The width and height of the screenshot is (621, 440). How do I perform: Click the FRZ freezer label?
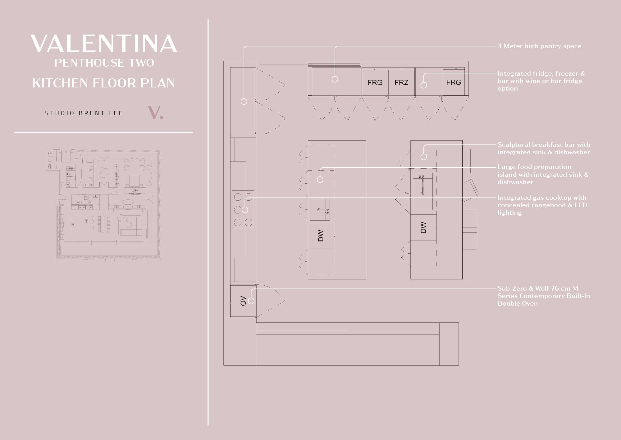point(401,82)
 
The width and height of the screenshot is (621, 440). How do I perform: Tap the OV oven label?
point(243,301)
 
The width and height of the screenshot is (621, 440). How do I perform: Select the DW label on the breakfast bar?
point(423,227)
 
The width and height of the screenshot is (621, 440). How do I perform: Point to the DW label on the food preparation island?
point(321,236)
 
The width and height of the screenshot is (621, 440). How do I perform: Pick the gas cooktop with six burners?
point(243,210)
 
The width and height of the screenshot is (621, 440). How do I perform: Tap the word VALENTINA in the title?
point(104,43)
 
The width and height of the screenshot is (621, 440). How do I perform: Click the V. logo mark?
point(155,113)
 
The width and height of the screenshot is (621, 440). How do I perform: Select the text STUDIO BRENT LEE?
point(84,113)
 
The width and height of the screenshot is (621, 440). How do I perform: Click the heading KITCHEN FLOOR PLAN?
point(104,83)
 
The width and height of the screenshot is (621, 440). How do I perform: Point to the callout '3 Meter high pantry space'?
point(539,46)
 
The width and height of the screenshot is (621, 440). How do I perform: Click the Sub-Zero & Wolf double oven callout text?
point(544,296)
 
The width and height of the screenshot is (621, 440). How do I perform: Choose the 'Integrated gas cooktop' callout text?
point(542,205)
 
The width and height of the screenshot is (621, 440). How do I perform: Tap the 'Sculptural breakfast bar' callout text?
point(544,148)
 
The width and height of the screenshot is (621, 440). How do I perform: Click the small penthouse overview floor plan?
point(103,205)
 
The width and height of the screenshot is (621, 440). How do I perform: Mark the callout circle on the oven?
point(251,301)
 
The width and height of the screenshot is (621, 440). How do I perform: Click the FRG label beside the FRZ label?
point(375,82)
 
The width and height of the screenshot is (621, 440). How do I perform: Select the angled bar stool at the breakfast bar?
point(471,190)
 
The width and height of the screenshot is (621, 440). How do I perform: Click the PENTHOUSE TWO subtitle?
point(104,63)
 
